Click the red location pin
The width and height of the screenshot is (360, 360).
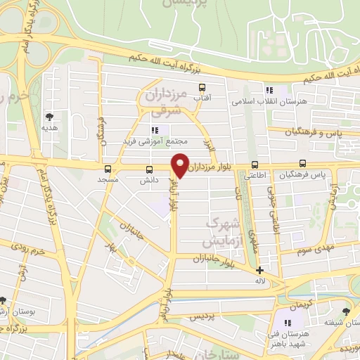point(181,165)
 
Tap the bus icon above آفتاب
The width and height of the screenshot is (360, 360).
point(203,89)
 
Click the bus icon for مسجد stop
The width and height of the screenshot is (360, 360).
point(108,169)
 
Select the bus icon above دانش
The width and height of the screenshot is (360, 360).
point(148,169)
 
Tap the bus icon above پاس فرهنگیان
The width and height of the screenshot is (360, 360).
point(303,163)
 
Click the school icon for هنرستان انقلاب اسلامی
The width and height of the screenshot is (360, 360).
point(268,90)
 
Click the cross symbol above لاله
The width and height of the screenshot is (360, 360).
point(259,270)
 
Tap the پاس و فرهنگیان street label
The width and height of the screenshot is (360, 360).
point(316,131)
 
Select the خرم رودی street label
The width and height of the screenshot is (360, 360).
point(32,250)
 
